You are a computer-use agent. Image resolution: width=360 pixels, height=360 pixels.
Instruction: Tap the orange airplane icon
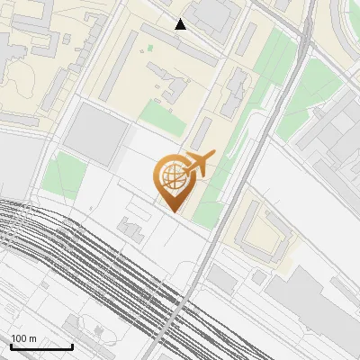(x=198, y=164)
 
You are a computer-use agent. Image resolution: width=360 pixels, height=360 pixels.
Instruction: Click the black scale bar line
(x=41, y=347)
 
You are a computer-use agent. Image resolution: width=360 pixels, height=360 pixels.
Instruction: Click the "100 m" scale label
(x=24, y=339)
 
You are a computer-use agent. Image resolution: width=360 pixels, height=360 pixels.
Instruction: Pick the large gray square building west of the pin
(x=96, y=133)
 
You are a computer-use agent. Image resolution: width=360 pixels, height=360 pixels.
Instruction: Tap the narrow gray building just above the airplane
(x=202, y=135)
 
